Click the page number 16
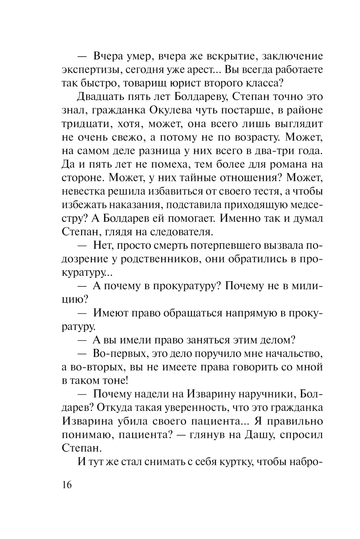click(x=67, y=485)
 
